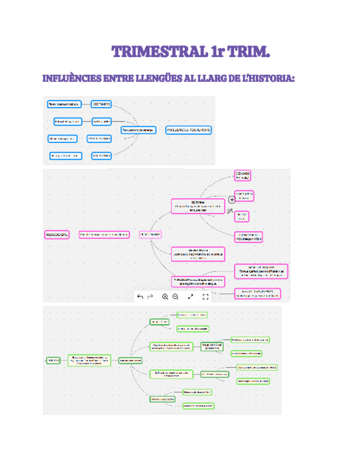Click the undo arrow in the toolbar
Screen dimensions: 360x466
[x=140, y=297]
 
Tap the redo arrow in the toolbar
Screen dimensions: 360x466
[x=150, y=297]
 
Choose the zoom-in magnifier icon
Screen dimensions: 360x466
[x=165, y=297]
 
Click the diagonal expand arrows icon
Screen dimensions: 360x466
[x=191, y=297]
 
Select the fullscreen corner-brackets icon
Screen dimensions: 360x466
[x=206, y=297]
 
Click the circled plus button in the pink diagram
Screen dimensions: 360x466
[x=231, y=200]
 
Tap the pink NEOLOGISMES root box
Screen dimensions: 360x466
[x=57, y=235]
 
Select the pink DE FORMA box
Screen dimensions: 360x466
[x=197, y=206]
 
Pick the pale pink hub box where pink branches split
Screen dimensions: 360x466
[x=150, y=235]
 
